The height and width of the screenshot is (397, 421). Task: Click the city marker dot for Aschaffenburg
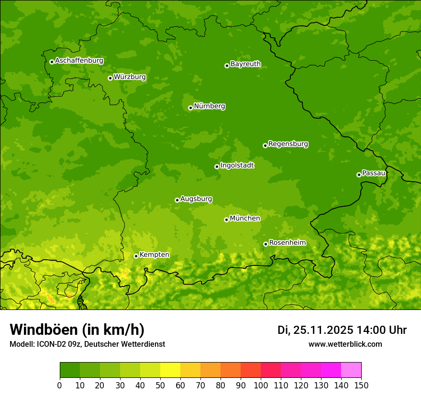pyautogui.click(x=52, y=62)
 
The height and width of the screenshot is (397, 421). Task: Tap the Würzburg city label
pyautogui.click(x=130, y=77)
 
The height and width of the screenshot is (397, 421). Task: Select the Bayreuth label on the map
pyautogui.click(x=245, y=64)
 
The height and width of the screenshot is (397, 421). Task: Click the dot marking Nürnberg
pyautogui.click(x=190, y=108)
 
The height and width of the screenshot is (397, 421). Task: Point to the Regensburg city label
pyautogui.click(x=288, y=144)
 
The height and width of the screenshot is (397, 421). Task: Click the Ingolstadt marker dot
pyautogui.click(x=217, y=166)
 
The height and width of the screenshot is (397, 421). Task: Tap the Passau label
pyautogui.click(x=374, y=173)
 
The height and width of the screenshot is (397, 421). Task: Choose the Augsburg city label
pyautogui.click(x=196, y=199)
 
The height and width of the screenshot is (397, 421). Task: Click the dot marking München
pyautogui.click(x=226, y=220)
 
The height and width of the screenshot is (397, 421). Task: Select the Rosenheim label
pyautogui.click(x=287, y=243)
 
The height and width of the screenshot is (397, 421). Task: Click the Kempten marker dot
pyautogui.click(x=136, y=256)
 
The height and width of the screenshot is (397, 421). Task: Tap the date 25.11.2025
pyautogui.click(x=323, y=330)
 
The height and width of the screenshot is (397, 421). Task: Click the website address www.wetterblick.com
pyautogui.click(x=345, y=344)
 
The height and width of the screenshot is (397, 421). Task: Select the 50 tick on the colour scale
pyautogui.click(x=160, y=385)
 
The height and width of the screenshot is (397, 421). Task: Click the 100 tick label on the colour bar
pyautogui.click(x=261, y=385)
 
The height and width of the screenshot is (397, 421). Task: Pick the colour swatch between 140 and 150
pyautogui.click(x=351, y=370)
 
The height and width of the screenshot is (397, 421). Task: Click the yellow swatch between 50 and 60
pyautogui.click(x=170, y=370)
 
